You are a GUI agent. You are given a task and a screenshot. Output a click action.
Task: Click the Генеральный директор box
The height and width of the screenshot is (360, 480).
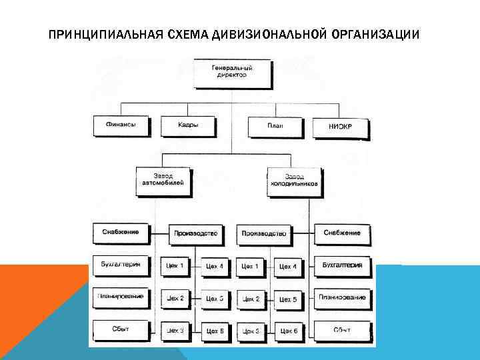[233, 73]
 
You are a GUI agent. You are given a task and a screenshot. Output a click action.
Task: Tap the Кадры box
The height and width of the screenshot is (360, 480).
[189, 125]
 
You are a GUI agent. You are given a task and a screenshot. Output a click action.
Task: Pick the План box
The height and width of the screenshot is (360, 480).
[275, 125]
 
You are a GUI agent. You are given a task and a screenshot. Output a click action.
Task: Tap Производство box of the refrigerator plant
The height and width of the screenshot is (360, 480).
[264, 233]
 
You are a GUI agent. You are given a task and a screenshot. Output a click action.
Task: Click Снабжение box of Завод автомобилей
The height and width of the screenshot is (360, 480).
[121, 233]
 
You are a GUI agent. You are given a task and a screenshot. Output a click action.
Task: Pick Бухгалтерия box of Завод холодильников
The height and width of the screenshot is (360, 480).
[341, 265]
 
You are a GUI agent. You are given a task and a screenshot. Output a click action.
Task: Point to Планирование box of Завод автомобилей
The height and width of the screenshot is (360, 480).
[121, 297]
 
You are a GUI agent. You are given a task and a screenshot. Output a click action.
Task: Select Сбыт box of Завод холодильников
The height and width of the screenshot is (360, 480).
[341, 329]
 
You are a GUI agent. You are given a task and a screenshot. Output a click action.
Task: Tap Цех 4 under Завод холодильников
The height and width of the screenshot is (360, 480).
[288, 267]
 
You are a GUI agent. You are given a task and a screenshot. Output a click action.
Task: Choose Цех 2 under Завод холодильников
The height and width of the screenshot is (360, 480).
[251, 299]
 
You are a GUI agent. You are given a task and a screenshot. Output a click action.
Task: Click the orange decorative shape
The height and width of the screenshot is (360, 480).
[40, 313]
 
